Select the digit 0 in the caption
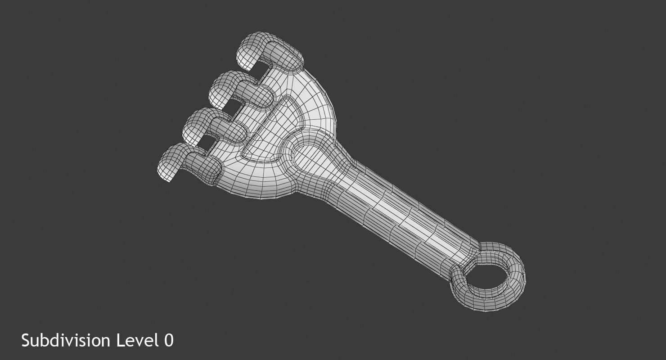point(168,340)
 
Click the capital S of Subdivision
point(26,340)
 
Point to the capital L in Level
point(121,340)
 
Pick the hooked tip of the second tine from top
point(220,92)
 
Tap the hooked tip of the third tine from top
point(193,128)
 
